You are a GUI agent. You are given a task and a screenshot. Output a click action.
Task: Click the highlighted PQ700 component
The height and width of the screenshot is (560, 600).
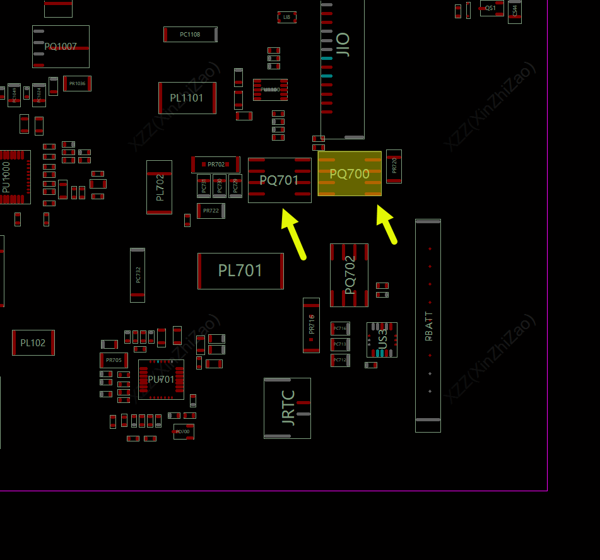click(x=350, y=173)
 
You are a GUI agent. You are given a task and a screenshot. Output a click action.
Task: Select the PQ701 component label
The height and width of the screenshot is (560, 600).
click(x=279, y=180)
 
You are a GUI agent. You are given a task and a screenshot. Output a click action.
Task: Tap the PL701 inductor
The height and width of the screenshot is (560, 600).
click(x=240, y=271)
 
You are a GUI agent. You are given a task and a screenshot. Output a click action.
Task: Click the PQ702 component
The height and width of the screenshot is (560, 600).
click(x=349, y=275)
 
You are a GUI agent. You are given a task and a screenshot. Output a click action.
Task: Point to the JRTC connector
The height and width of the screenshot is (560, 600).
click(x=287, y=408)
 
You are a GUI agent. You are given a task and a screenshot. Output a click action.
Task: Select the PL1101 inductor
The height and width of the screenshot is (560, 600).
click(x=187, y=98)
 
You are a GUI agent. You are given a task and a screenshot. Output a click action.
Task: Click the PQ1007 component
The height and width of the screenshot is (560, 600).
click(x=61, y=47)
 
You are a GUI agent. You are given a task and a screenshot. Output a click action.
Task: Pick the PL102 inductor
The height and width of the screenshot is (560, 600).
click(x=33, y=342)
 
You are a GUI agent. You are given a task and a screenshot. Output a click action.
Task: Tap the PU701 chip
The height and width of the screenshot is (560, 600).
click(x=161, y=380)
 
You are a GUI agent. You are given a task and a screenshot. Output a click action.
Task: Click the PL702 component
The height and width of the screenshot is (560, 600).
click(x=159, y=187)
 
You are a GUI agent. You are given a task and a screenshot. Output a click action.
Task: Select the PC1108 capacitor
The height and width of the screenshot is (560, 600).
click(x=190, y=35)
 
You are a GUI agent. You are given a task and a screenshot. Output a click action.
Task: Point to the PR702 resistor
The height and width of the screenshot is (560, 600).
click(x=216, y=165)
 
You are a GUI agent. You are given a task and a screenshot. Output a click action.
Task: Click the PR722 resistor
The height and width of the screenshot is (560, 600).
click(x=211, y=211)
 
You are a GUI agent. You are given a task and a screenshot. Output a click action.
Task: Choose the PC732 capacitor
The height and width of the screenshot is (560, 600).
click(x=138, y=275)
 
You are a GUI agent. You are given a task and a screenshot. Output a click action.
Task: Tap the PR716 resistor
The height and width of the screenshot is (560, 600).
click(x=311, y=325)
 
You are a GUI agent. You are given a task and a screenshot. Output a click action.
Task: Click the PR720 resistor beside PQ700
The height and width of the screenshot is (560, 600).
click(x=394, y=166)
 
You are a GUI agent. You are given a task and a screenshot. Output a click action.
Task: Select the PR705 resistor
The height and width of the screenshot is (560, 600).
click(x=114, y=360)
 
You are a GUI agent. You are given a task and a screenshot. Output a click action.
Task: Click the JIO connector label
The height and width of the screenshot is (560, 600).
click(x=343, y=45)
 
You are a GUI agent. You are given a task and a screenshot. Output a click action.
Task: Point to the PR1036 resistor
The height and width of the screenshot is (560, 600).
click(x=77, y=83)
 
